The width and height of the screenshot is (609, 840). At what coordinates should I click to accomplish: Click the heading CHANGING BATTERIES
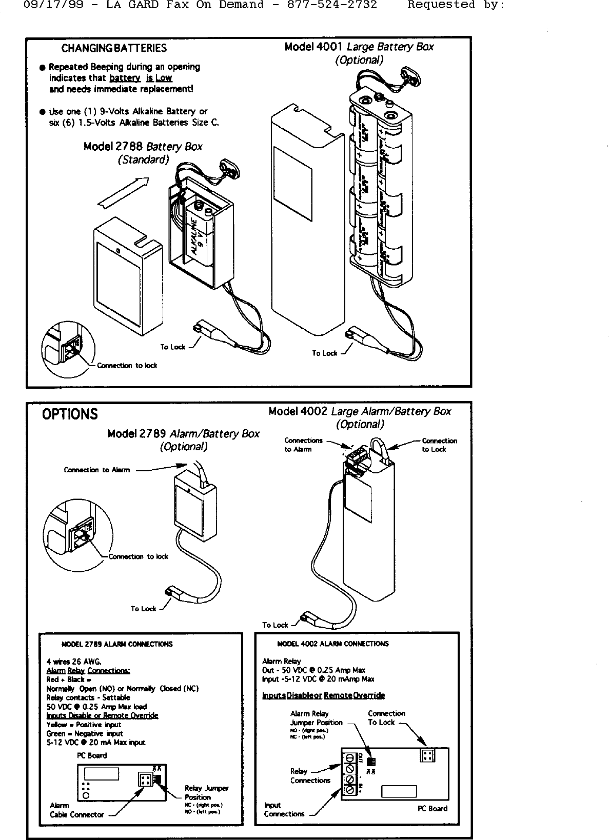[x=114, y=48]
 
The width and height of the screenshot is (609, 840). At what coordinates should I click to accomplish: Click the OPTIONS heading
[x=70, y=414]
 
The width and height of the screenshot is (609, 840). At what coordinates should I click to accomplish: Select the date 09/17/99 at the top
[x=48, y=5]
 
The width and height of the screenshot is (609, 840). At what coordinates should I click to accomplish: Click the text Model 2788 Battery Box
[x=143, y=147]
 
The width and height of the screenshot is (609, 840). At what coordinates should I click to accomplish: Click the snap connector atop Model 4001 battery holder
[x=410, y=72]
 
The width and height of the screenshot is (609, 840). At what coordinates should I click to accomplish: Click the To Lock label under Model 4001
[x=325, y=353]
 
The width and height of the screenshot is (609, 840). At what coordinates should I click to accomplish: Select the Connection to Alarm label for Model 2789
[x=97, y=470]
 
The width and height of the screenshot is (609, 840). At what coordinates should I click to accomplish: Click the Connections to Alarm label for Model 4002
[x=303, y=445]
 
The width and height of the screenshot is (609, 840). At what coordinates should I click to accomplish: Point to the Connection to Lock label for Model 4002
[x=439, y=445]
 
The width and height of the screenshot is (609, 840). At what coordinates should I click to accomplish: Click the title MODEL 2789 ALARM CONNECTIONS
[x=116, y=644]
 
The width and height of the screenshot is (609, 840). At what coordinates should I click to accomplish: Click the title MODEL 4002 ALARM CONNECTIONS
[x=332, y=644]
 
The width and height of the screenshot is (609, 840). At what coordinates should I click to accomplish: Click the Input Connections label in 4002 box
[x=284, y=810]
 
